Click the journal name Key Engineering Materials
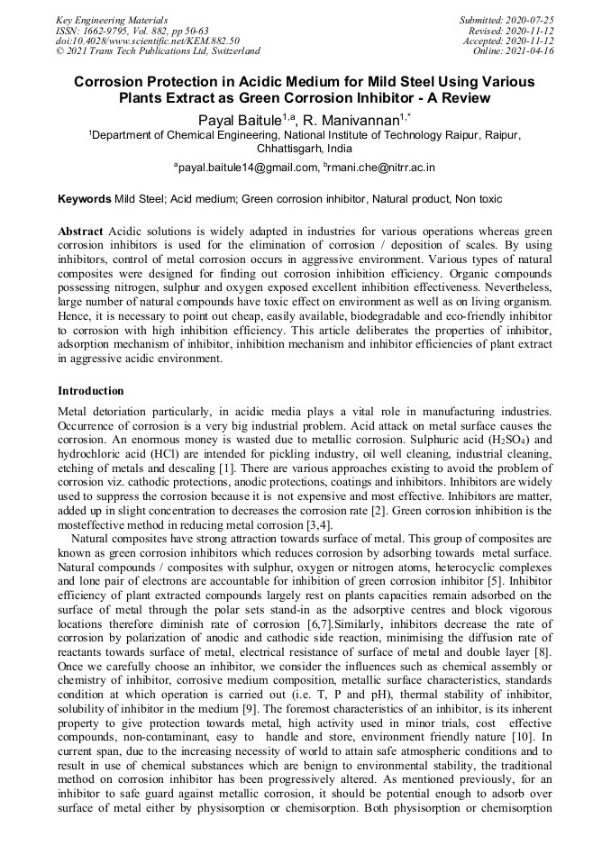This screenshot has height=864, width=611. click(x=113, y=19)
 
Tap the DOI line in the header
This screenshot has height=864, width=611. click(x=147, y=41)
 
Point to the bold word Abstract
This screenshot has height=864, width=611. click(x=80, y=232)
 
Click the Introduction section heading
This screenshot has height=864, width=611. click(x=90, y=391)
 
